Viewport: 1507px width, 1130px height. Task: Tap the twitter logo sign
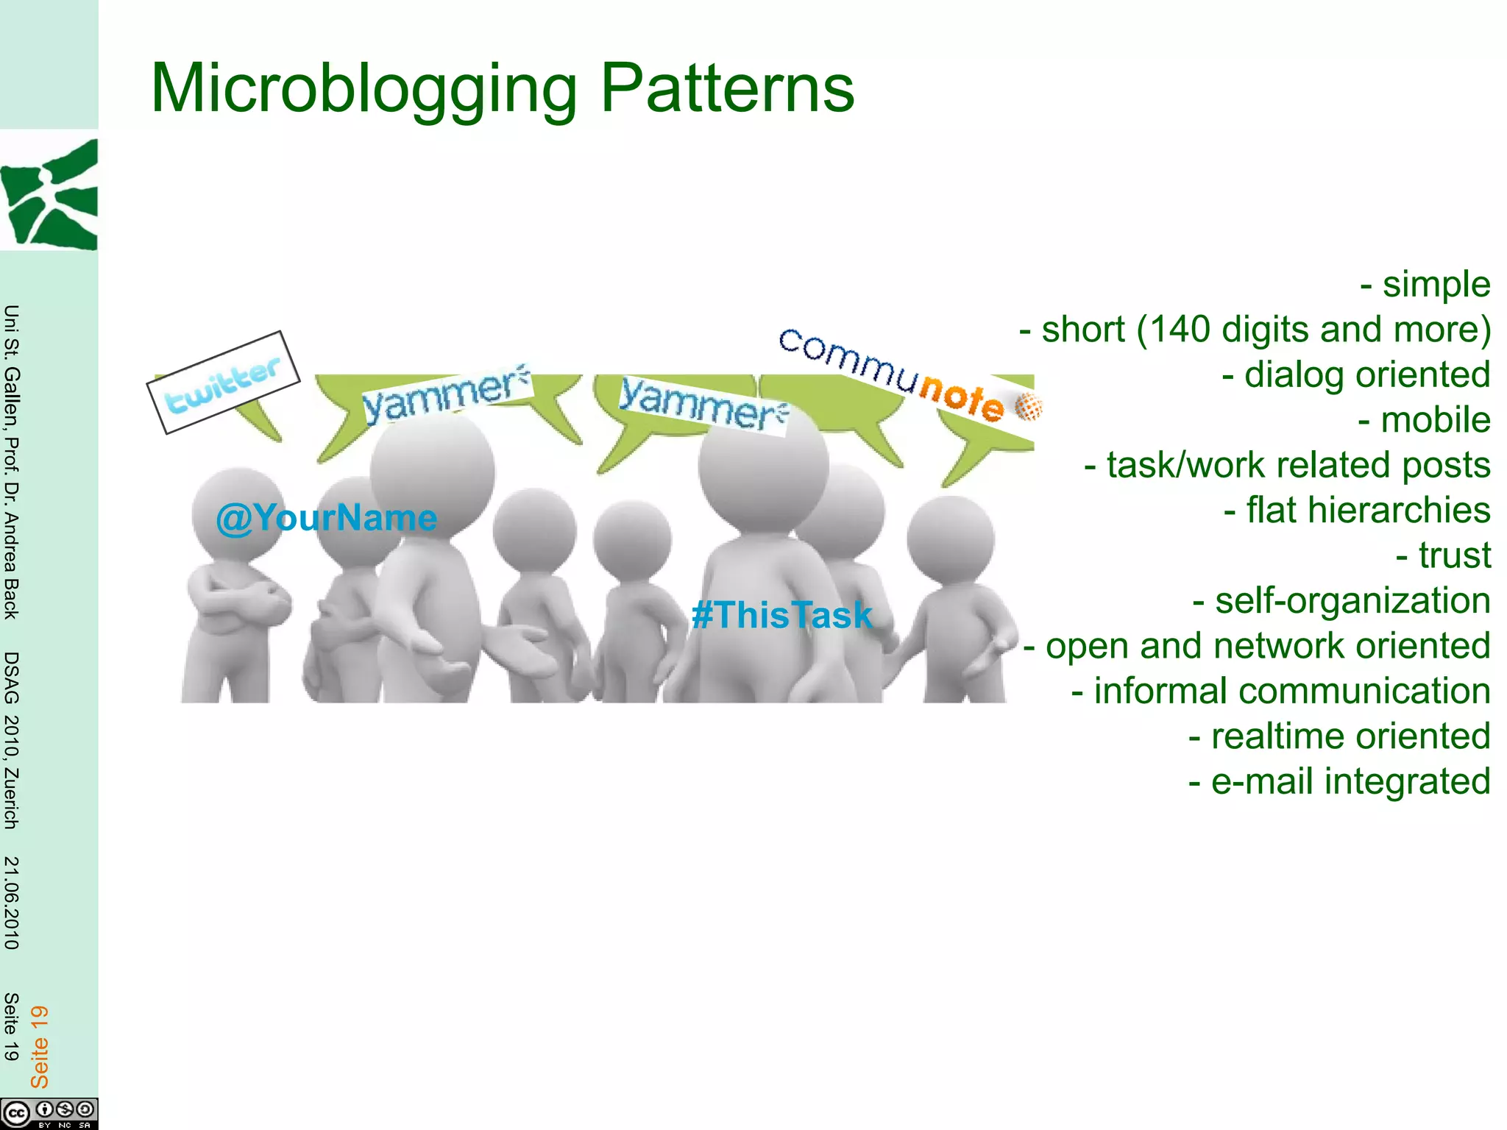[223, 383]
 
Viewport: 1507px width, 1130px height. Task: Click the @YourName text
[326, 518]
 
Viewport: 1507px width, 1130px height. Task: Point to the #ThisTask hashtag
[781, 615]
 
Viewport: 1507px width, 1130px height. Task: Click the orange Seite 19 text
[39, 1046]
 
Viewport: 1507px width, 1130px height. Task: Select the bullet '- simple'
[1425, 285]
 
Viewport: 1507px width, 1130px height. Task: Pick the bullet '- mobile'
[1424, 420]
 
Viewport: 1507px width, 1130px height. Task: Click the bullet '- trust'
[1443, 555]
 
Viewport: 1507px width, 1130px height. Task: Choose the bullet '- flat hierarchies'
[1357, 511]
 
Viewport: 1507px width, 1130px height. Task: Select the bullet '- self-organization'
[1341, 601]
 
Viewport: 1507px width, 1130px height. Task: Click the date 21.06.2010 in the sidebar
[11, 903]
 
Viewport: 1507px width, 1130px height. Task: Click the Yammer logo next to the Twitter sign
[446, 394]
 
